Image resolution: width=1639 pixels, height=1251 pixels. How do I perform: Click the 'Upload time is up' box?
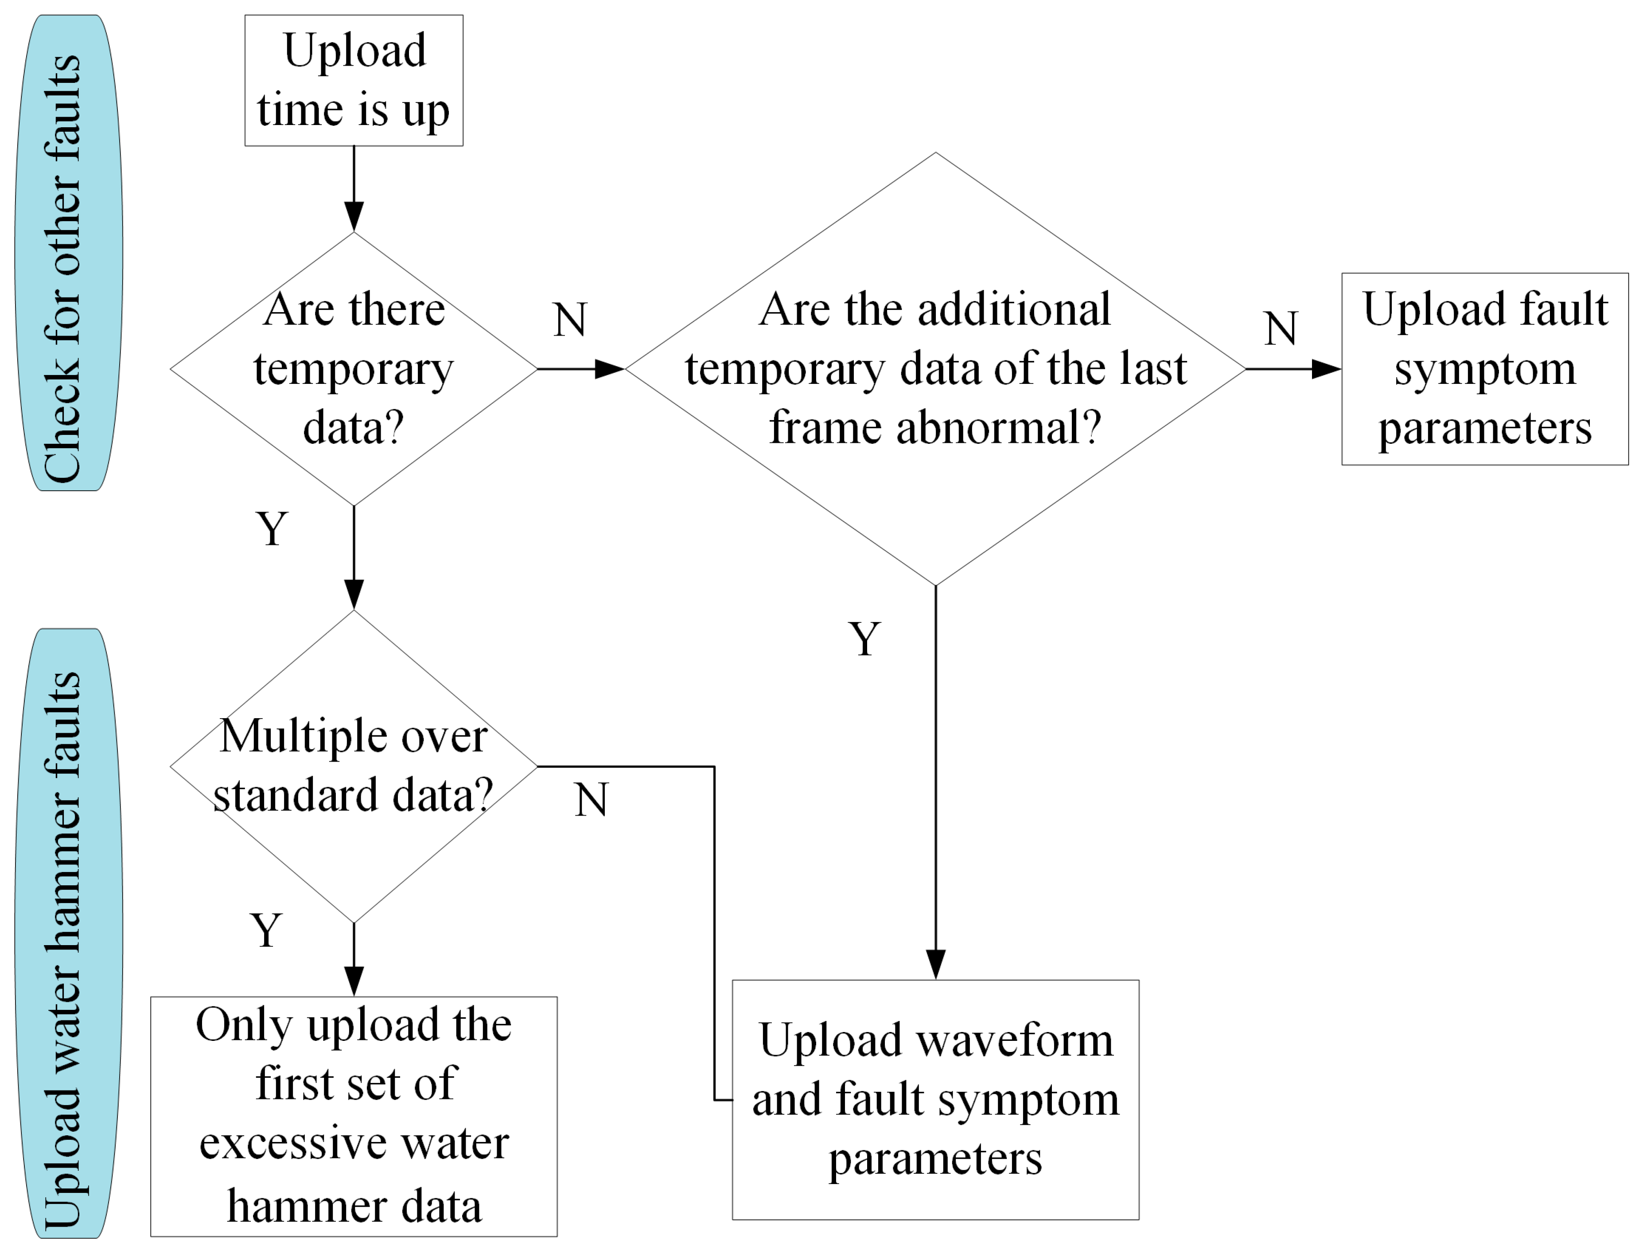point(354,80)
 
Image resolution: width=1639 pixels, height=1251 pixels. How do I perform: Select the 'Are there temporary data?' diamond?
point(354,368)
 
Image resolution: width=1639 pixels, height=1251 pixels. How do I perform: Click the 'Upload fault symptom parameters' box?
point(1484,368)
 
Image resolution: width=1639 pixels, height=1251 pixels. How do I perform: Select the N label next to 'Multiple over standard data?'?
point(591,801)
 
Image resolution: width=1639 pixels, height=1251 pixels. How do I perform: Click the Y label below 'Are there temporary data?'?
point(272,529)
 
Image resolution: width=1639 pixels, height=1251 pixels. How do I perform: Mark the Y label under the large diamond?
point(864,639)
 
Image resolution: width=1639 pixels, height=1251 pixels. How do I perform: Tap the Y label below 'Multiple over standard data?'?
point(266,931)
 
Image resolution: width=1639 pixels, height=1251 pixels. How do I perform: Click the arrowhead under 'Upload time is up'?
point(354,216)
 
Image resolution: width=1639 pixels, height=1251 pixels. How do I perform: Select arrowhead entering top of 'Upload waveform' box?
point(935,964)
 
